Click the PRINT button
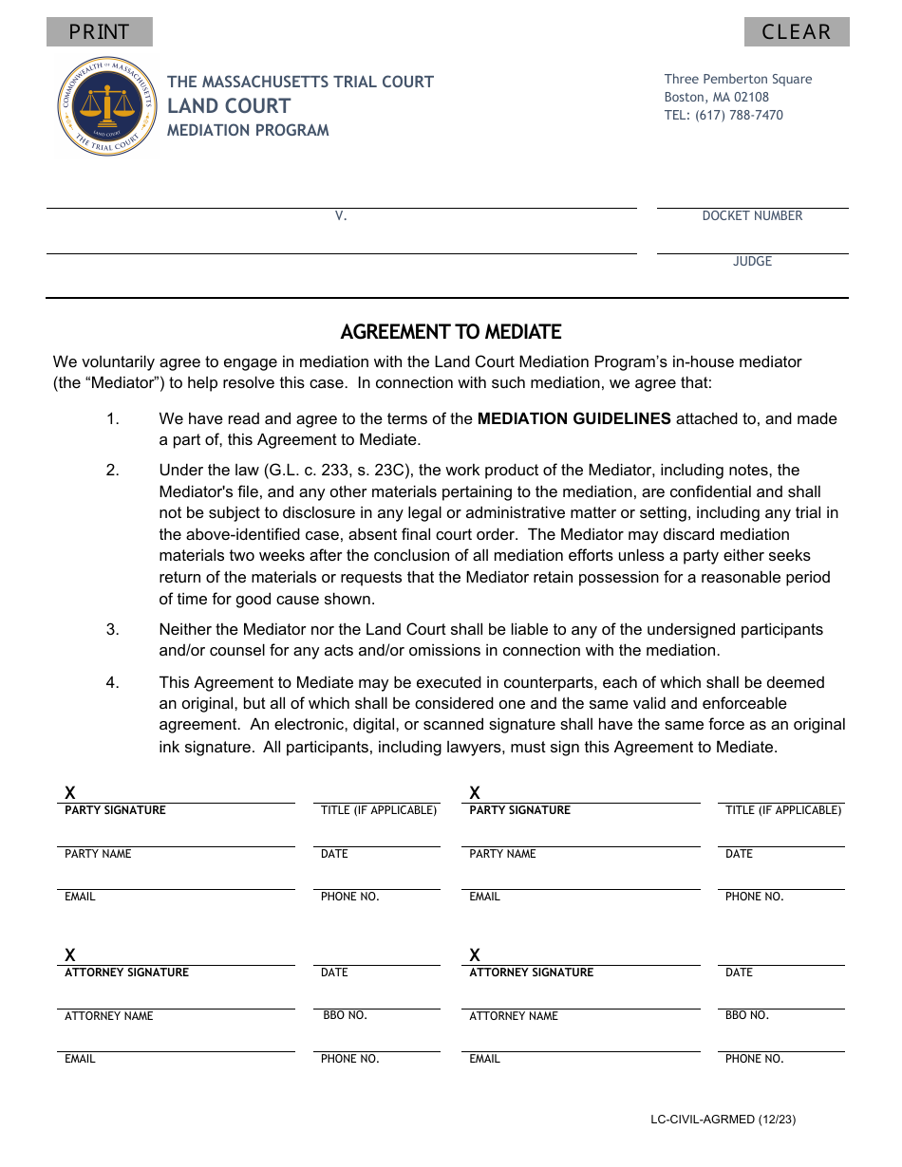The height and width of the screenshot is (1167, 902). [x=99, y=32]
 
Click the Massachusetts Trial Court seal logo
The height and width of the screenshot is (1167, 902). [x=106, y=106]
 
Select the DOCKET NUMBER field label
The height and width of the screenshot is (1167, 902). [x=752, y=216]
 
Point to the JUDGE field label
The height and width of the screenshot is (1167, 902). [x=752, y=262]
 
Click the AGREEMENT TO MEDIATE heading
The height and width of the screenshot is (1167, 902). [x=451, y=332]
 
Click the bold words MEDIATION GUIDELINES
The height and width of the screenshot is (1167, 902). [x=573, y=418]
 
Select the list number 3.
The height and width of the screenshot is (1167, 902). [x=112, y=629]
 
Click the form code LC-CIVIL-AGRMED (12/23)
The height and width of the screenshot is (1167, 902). [x=723, y=1120]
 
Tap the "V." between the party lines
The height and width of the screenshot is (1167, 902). [x=341, y=216]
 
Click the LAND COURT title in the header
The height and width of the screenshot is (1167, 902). [x=229, y=105]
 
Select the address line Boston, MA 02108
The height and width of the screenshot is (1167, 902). [x=716, y=97]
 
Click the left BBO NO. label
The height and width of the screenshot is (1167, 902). [x=345, y=1015]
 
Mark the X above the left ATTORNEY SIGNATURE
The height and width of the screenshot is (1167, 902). [x=70, y=954]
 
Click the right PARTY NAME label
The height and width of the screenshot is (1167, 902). [x=502, y=854]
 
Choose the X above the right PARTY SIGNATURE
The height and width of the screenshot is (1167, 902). [x=475, y=792]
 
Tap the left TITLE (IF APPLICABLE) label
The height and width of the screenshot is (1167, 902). [x=379, y=810]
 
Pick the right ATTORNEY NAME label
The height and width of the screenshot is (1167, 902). [x=514, y=1016]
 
